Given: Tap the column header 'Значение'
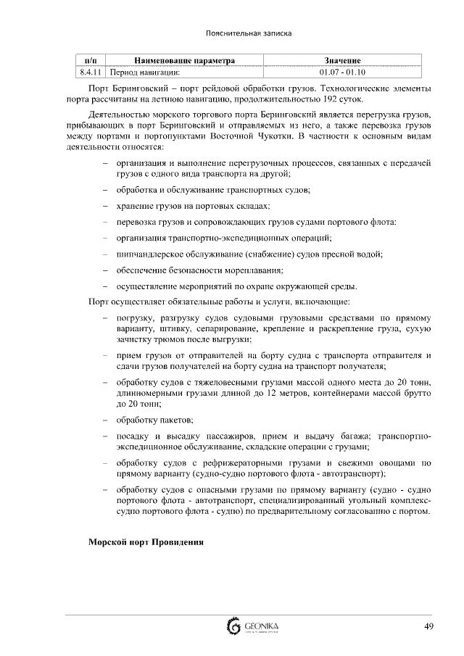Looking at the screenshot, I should coord(342,61).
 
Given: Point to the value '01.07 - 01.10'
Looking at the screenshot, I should coord(342,72).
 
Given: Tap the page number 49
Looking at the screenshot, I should coord(428,626).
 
